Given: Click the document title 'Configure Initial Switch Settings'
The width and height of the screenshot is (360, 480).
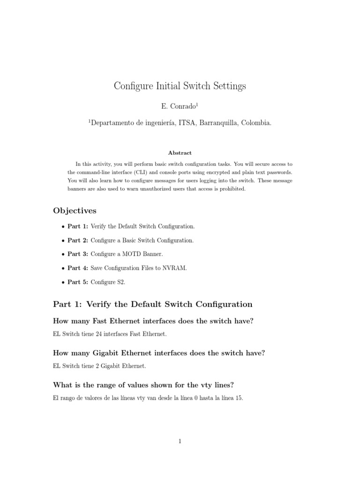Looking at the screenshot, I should (180, 86).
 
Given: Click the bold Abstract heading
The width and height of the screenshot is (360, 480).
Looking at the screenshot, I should (180, 153).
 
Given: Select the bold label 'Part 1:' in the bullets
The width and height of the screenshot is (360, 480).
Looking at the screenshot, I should (78, 226).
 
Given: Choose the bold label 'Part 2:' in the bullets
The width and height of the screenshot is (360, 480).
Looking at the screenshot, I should (78, 240).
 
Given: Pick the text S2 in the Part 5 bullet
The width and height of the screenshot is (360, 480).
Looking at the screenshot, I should (119, 282).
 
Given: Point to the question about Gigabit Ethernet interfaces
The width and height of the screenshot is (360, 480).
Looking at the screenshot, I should (159, 353).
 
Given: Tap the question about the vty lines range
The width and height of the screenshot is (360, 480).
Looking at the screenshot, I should (144, 385).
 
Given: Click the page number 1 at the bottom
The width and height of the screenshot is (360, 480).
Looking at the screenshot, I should (180, 441).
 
